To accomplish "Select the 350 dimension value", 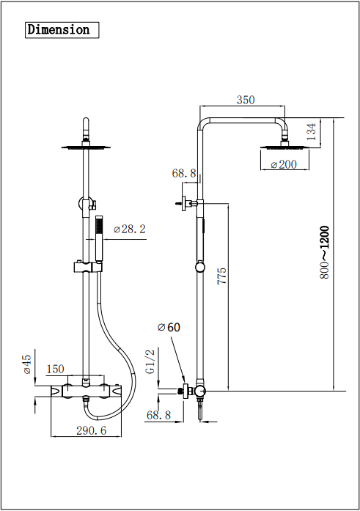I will click(246, 100).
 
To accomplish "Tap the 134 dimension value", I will click(312, 132).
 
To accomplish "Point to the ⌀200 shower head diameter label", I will click(284, 164).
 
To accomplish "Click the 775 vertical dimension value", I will click(222, 275).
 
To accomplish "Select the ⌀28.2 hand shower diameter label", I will click(130, 229).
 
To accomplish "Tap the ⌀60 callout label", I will click(168, 327).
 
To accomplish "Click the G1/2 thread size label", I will click(150, 361).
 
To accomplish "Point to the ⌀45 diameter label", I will click(27, 364).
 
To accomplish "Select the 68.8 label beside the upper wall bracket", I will click(185, 174).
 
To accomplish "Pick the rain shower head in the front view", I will click(86, 147).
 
